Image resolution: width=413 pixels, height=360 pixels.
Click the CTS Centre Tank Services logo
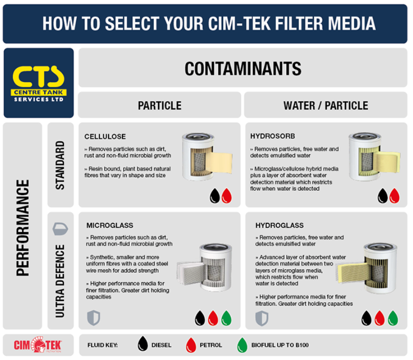[x=38, y=83]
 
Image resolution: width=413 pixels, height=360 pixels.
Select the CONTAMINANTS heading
[x=243, y=69]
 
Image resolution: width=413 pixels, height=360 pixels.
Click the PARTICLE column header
[x=159, y=105]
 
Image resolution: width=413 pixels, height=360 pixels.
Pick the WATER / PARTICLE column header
[x=325, y=105]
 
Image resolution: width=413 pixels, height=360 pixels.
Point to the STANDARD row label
[x=60, y=165]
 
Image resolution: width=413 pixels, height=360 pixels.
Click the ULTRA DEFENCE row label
[x=60, y=280]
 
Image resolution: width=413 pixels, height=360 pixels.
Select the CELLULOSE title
[x=105, y=136]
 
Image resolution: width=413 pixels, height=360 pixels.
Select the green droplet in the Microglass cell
[x=226, y=316]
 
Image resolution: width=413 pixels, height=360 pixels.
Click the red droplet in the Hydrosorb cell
[x=394, y=196]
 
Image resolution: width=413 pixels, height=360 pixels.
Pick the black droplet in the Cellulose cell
[x=214, y=196]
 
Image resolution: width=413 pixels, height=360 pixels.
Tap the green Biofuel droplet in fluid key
[x=241, y=345]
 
